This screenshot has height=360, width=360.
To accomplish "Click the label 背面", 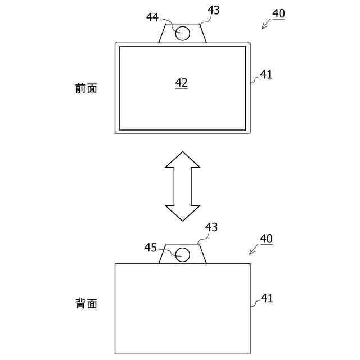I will click(x=86, y=304).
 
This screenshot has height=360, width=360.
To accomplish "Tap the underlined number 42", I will click(x=181, y=83).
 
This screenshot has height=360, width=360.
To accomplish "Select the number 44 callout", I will click(x=152, y=17).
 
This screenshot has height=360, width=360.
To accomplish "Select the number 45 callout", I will click(x=151, y=247).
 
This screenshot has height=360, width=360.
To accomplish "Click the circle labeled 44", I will click(x=182, y=33).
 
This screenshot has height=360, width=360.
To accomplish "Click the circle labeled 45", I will click(x=182, y=254).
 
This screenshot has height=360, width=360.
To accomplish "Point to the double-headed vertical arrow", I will click(x=182, y=186).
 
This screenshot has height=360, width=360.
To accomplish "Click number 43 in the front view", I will click(x=213, y=10).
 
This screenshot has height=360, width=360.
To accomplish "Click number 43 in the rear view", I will click(x=211, y=227).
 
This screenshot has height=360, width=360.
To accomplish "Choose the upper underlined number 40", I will click(x=278, y=12).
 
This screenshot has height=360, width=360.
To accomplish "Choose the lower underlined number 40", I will click(x=266, y=238).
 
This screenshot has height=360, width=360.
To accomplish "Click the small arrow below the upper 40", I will click(x=266, y=24).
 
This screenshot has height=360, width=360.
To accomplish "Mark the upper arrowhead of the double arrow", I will click(x=182, y=159).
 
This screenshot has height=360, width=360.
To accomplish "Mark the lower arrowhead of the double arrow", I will click(x=182, y=214).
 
